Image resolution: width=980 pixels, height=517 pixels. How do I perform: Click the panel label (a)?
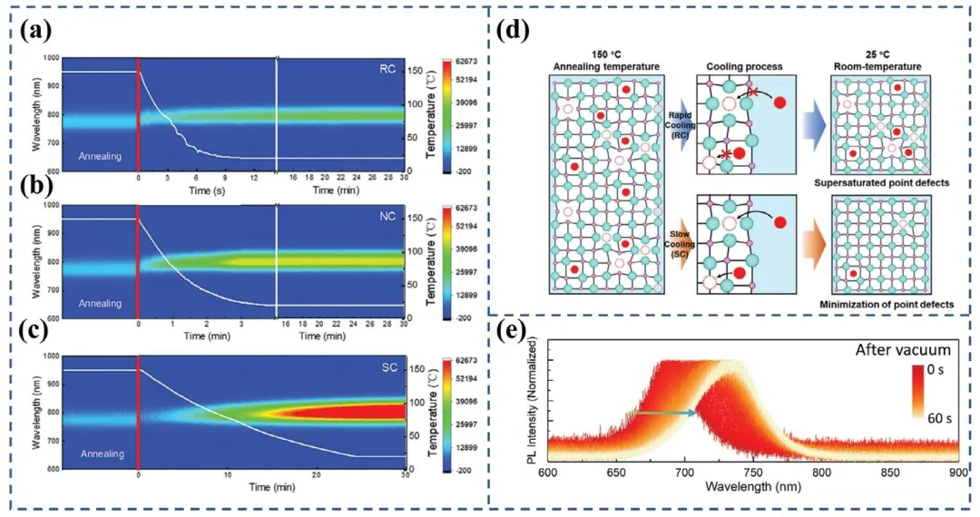(38, 29)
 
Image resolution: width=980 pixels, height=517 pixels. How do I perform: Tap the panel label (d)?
(524, 29)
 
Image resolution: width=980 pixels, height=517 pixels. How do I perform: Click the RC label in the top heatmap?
(387, 70)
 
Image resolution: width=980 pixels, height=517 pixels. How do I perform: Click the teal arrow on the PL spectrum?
(665, 413)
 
